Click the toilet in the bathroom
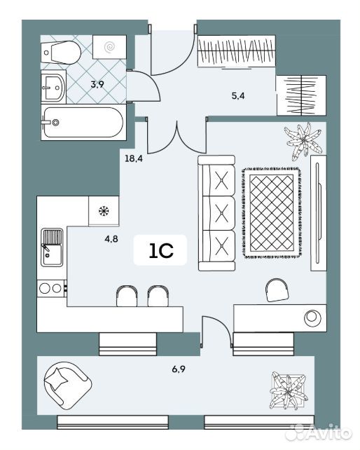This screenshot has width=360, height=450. pyautogui.click(x=60, y=53)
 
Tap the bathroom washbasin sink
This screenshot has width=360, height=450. pyautogui.click(x=53, y=86)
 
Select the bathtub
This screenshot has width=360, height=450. pyautogui.click(x=83, y=122)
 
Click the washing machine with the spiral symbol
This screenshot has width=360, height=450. pyautogui.click(x=109, y=47)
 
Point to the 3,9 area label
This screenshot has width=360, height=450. pyautogui.click(x=97, y=84)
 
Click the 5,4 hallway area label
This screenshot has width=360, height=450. pyautogui.click(x=238, y=96)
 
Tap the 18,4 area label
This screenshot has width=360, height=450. pyautogui.click(x=134, y=158)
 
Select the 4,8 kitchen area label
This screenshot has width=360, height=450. pyautogui.click(x=111, y=239)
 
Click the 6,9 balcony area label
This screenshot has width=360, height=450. pyautogui.click(x=179, y=369)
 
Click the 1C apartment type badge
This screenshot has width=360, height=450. pyautogui.click(x=160, y=250)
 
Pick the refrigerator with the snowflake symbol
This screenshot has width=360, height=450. pyautogui.click(x=104, y=211)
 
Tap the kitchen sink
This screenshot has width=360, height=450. pyautogui.click(x=52, y=247)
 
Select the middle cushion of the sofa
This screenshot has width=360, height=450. pyautogui.click(x=222, y=213)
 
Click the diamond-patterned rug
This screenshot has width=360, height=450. pyautogui.click(x=272, y=212)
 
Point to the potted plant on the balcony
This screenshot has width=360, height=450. pyautogui.click(x=289, y=390)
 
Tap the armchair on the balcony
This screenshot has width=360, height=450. pyautogui.click(x=67, y=385)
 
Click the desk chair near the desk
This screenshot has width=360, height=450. pyautogui.click(x=277, y=290)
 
